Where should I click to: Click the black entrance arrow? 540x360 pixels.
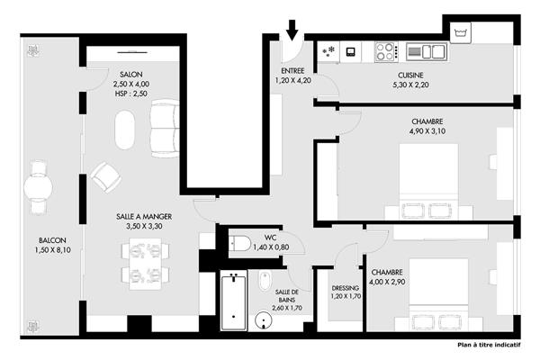292,30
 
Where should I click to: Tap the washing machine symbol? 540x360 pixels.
461,33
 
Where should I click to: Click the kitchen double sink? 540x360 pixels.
427,51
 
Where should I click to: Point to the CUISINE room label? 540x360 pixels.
410,75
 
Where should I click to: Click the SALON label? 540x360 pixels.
131,74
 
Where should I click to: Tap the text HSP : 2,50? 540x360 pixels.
131,94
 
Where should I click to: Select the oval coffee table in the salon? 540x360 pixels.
125,130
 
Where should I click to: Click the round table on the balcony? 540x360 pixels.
38,188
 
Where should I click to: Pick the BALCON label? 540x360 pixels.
52,240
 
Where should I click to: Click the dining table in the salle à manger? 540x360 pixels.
146,264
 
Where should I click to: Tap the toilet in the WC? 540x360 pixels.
240,243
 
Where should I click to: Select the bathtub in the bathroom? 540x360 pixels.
234,301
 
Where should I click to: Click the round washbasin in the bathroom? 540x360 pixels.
264,320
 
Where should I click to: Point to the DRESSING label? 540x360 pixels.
346,288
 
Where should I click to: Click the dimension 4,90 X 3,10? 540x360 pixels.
427,130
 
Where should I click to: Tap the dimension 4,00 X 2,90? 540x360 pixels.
387,282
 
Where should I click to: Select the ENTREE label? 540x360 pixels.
292,70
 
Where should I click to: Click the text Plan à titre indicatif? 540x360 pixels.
489,345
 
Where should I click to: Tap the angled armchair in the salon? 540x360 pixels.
105,177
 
